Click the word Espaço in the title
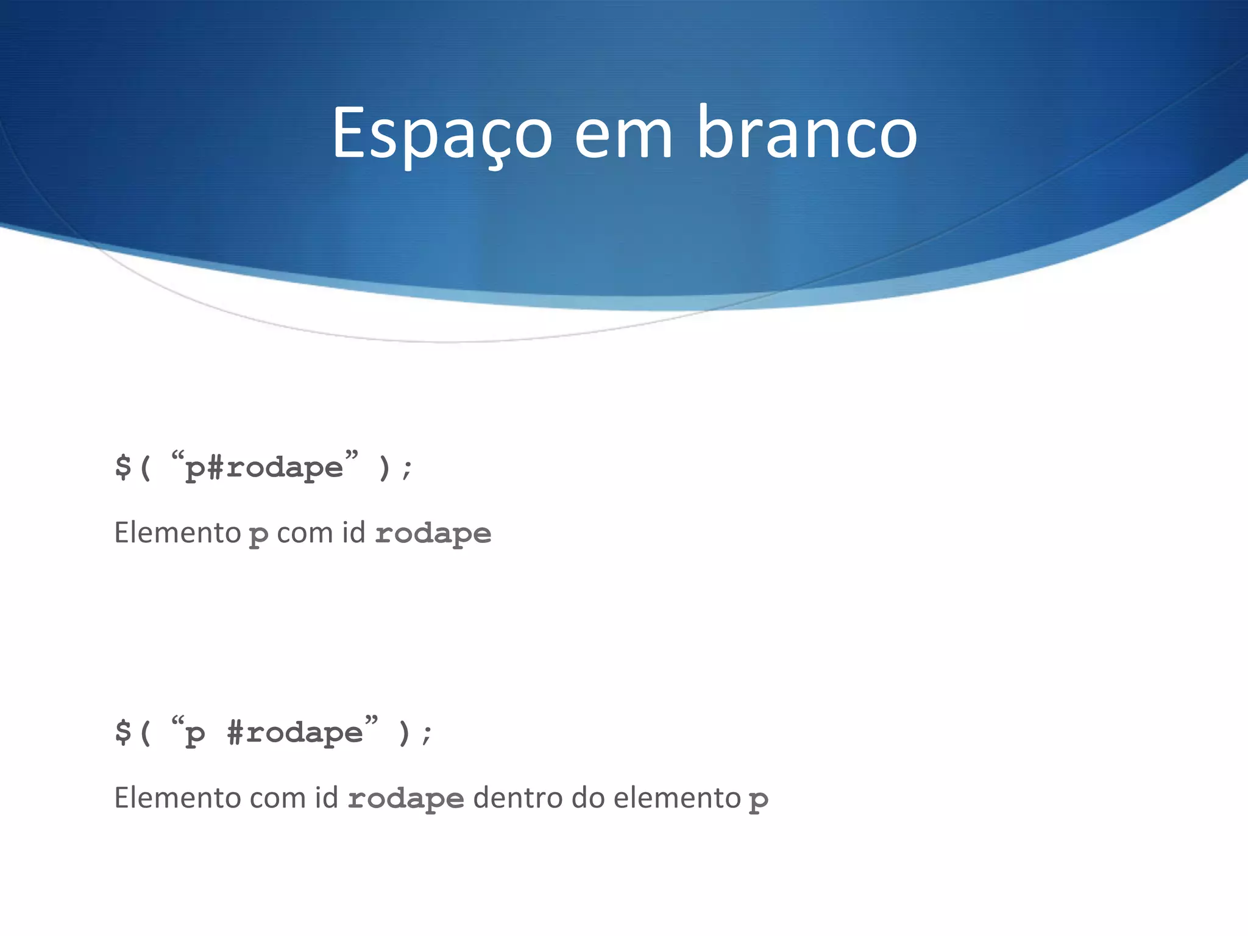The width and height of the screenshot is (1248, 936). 441,134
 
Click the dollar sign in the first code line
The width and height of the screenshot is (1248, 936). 123,467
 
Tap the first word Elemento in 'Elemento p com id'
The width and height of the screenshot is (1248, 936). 178,533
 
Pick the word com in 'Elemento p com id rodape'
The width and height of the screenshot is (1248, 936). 305,534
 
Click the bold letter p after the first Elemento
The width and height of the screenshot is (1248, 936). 258,536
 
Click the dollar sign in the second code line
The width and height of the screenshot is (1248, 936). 123,732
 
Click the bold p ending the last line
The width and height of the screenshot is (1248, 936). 758,800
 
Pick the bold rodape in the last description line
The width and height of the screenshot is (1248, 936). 406,799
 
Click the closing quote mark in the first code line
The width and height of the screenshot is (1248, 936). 352,455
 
